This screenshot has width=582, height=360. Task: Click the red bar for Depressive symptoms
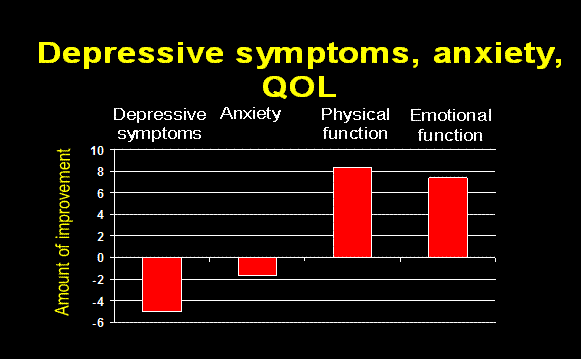point(162,284)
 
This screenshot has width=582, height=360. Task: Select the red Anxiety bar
point(257,266)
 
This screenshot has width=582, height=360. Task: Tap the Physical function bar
point(352,212)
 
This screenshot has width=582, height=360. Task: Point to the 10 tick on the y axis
point(97,150)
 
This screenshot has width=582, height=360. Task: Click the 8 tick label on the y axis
point(100,172)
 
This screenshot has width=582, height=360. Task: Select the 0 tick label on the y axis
point(100,257)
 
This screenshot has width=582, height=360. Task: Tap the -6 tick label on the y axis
point(97,322)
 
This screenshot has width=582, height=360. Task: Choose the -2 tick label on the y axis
point(97,279)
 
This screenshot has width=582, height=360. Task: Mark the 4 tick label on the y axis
point(100,215)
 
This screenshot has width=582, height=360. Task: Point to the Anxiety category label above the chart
point(250,114)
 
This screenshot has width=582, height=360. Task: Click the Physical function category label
point(355,124)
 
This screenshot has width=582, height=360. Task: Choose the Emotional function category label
point(447,124)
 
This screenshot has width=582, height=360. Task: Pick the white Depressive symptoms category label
point(160,124)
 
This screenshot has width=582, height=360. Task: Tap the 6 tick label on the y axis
point(100,194)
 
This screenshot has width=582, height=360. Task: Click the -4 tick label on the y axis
point(97,301)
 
